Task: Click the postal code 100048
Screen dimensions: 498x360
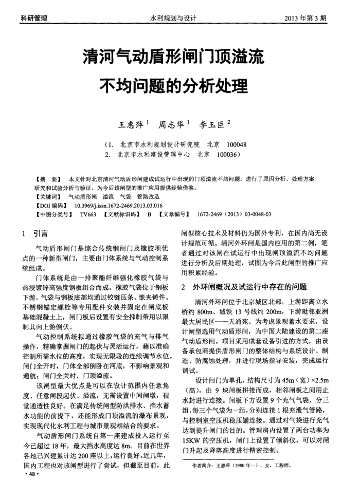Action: (x=235, y=144)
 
